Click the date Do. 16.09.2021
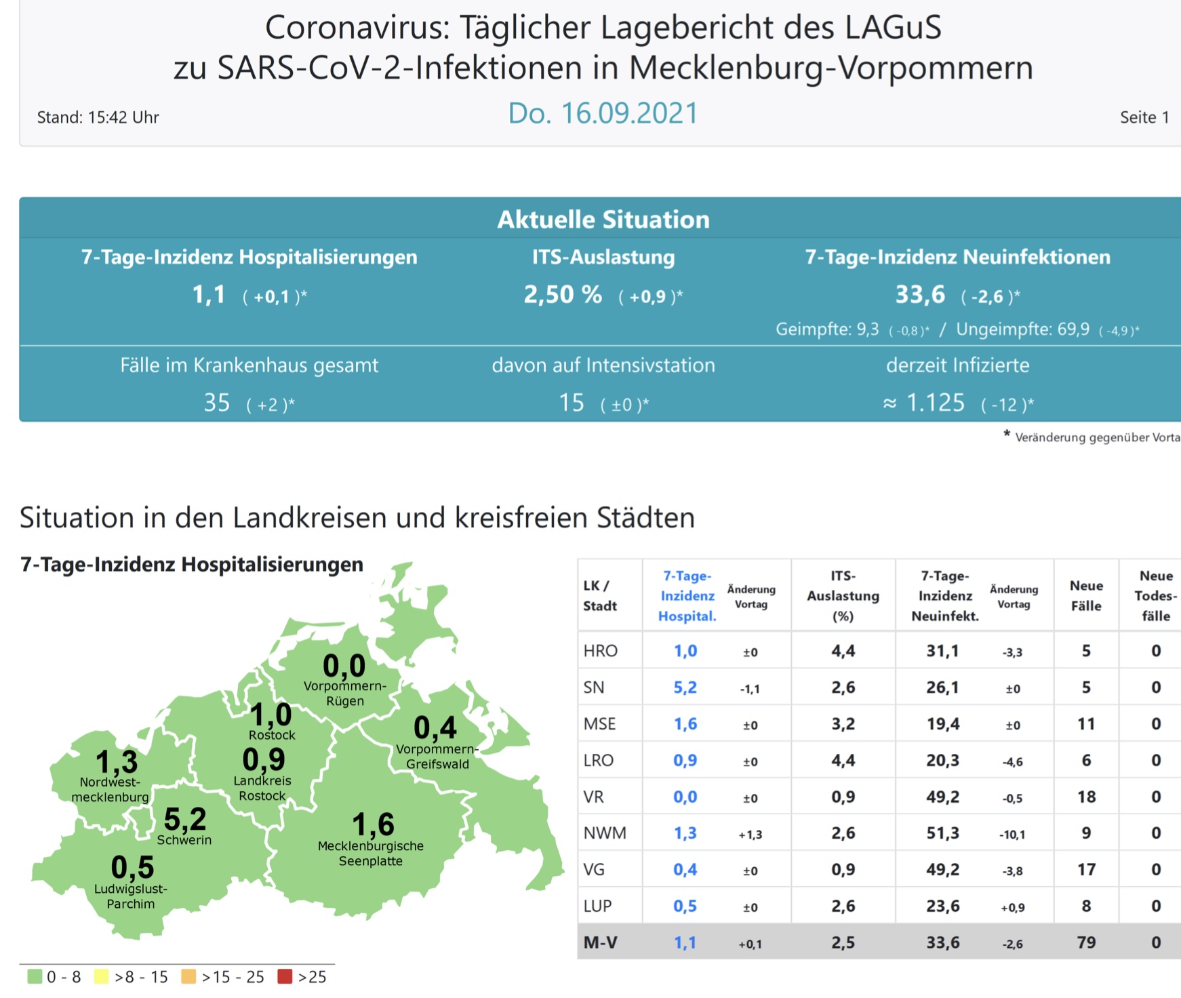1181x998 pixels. (603, 113)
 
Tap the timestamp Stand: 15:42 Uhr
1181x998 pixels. (98, 117)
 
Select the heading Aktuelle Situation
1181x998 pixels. (603, 219)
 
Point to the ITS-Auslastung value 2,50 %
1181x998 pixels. (563, 294)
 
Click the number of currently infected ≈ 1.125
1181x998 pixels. (924, 403)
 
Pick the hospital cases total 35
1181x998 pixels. (217, 403)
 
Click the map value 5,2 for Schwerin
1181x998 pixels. (185, 819)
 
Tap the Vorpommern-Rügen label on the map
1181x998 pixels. (344, 693)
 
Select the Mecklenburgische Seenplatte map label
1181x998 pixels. (370, 853)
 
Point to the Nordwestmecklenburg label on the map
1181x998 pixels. (110, 789)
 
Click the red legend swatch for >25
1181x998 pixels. (285, 976)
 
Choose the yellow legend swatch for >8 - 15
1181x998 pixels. (102, 976)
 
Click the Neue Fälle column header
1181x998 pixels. (1086, 595)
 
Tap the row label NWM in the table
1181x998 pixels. (605, 833)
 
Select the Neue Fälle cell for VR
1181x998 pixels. (1086, 797)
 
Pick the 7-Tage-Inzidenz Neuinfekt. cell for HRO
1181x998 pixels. (942, 651)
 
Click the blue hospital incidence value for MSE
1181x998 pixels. (685, 724)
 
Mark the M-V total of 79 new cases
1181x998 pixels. (1086, 942)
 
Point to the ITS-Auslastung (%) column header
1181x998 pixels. (843, 595)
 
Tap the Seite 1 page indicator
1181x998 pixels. (1144, 117)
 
